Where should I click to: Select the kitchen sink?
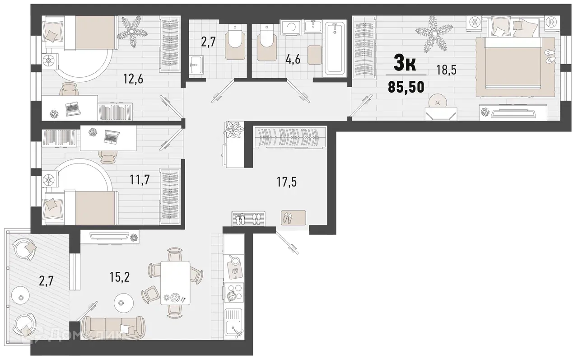(x=234, y=326)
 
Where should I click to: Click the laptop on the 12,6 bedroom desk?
(x=73, y=108)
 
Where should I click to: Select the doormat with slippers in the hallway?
(x=294, y=218)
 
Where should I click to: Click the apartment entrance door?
(x=287, y=243)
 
